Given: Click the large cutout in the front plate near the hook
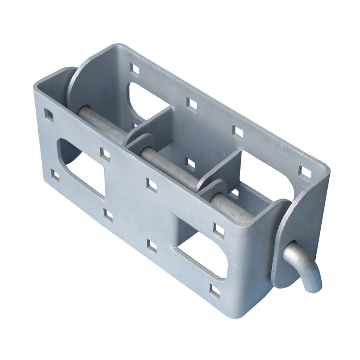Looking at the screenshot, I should pos(203,258).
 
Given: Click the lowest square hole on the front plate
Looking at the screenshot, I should pos(214,291).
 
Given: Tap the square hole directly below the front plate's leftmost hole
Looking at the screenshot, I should pos(55,175).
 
